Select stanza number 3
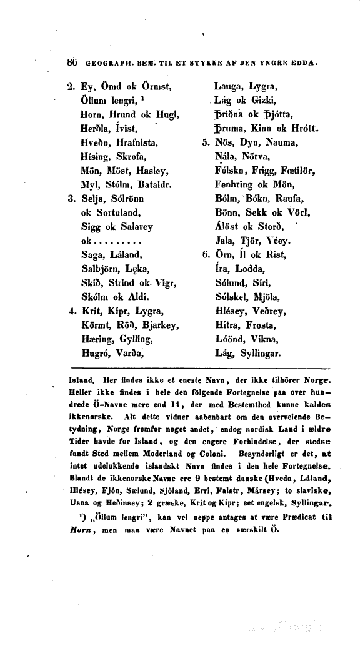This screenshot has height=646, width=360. click(x=71, y=199)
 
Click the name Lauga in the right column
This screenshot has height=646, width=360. click(x=227, y=86)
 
